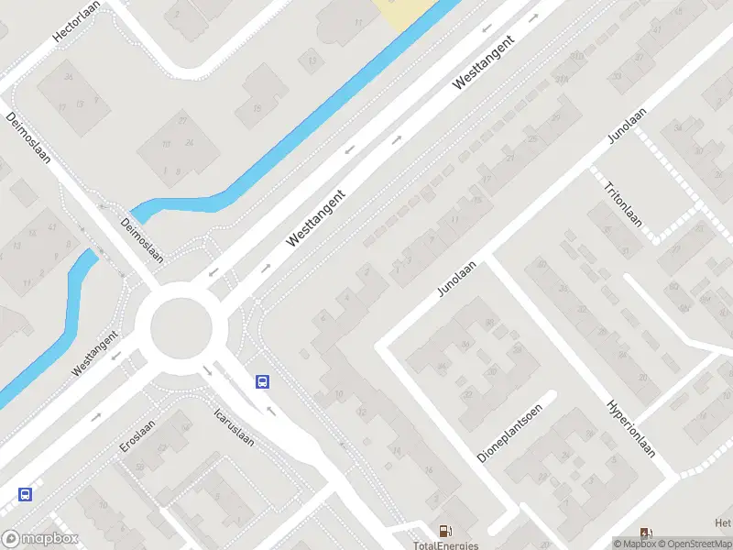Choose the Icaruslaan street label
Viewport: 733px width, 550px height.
(x=234, y=426)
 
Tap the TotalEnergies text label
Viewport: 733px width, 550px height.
(x=445, y=545)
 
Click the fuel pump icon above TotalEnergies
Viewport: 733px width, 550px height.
(x=445, y=530)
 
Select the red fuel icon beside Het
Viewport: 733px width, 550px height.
(x=646, y=533)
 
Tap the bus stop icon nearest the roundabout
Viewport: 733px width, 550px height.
(x=263, y=381)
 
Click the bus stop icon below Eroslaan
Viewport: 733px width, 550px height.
(x=26, y=494)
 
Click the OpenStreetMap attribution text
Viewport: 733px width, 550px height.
(x=694, y=544)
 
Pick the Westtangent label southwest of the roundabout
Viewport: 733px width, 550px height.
(x=96, y=353)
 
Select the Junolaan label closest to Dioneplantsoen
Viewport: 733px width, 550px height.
(x=457, y=276)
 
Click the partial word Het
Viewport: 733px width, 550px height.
(x=723, y=523)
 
